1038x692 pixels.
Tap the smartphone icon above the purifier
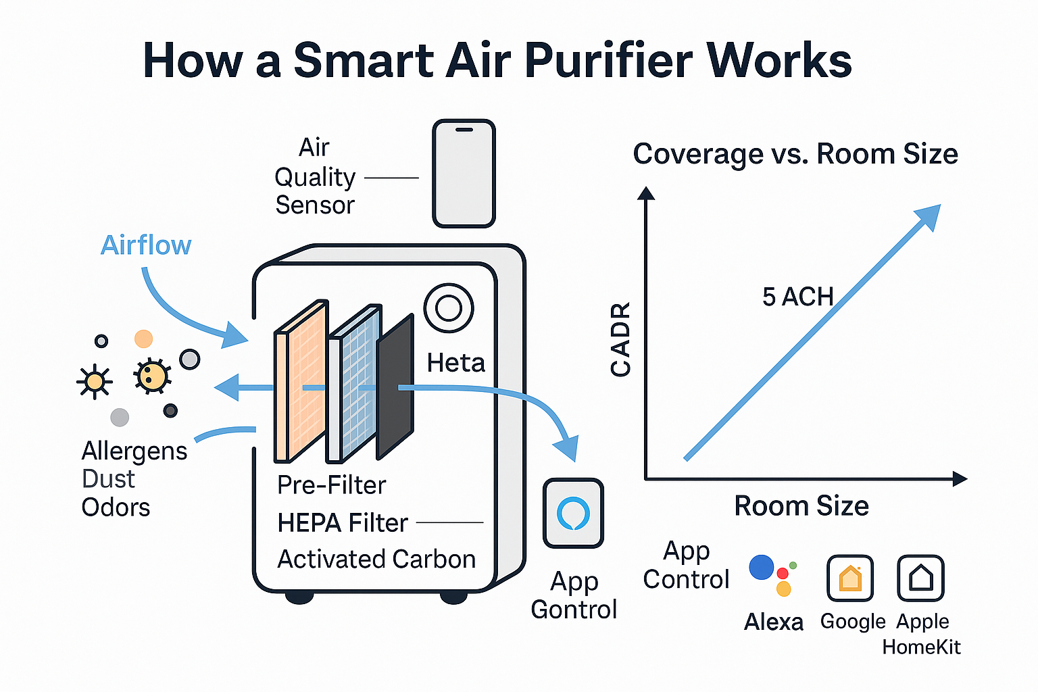[x=464, y=174]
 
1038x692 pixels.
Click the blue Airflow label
[x=146, y=245]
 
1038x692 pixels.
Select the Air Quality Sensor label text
[x=315, y=176]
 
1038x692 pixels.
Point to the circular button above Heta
[x=449, y=308]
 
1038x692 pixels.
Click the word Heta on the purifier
[x=456, y=363]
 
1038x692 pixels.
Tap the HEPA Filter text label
[x=343, y=523]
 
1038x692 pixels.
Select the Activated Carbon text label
[x=376, y=560]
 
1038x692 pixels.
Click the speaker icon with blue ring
[x=573, y=514]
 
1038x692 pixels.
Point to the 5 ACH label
[x=797, y=297]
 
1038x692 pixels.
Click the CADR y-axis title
[x=620, y=339]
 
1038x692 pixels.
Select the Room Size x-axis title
[x=801, y=506]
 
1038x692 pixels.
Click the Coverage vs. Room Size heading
[x=795, y=154]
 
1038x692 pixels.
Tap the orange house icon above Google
[x=850, y=578]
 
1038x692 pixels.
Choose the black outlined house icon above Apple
[x=920, y=578]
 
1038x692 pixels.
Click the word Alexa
[x=774, y=622]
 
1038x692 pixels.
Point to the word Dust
[x=108, y=479]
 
